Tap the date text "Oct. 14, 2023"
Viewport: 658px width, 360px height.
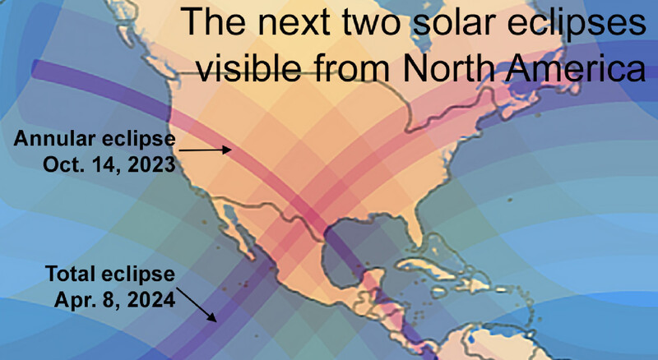coord(109,164)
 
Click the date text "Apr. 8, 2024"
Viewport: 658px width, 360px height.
coord(114,300)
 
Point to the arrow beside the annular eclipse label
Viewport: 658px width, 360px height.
coord(205,150)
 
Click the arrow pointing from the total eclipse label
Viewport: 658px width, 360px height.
coord(197,305)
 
